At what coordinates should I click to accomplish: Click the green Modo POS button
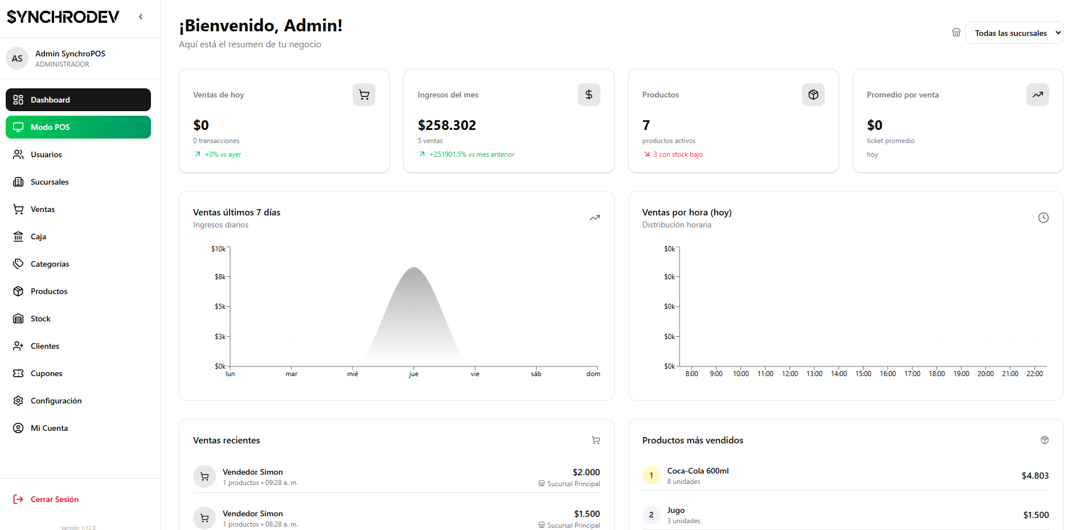click(78, 127)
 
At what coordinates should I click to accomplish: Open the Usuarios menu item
click(46, 154)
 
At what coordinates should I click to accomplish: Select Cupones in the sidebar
click(46, 373)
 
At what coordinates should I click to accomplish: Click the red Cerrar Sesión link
click(54, 499)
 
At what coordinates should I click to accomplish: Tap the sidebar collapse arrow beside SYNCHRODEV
click(141, 17)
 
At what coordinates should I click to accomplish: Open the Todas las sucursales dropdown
click(1013, 33)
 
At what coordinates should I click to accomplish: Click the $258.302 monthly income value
click(447, 125)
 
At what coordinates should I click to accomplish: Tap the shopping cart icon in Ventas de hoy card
click(364, 95)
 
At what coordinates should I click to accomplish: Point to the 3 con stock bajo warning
click(677, 154)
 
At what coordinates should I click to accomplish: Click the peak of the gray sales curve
click(414, 268)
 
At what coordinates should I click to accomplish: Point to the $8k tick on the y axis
click(220, 277)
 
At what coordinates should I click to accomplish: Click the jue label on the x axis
click(414, 374)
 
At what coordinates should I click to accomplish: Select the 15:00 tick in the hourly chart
click(863, 374)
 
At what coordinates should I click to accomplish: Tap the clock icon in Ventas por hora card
click(1043, 218)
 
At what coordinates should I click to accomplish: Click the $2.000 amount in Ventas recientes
click(586, 472)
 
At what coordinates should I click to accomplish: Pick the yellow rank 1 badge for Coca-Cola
click(651, 475)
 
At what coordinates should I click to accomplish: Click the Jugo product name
click(676, 510)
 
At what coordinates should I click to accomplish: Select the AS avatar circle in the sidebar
click(17, 58)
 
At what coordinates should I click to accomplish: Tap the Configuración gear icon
click(18, 401)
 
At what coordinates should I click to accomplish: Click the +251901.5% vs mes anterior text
click(472, 154)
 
